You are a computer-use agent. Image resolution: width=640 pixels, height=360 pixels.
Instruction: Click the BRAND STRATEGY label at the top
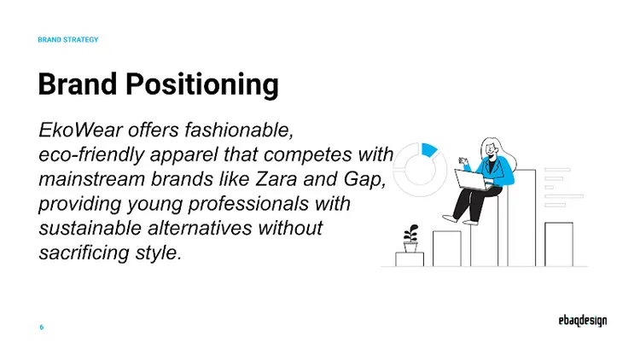coord(68,40)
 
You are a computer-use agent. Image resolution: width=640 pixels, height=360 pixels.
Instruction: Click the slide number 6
coord(42,328)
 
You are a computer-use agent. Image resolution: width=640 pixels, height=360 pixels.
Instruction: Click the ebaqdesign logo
coord(577,322)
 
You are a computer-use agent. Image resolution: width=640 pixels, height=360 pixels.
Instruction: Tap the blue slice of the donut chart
coord(429,149)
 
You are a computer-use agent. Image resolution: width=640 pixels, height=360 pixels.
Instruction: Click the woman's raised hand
coord(464,160)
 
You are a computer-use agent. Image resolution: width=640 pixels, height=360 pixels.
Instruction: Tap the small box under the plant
coord(410,258)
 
